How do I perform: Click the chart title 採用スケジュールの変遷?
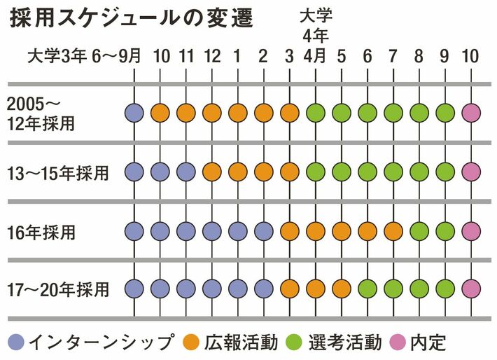(x=132, y=20)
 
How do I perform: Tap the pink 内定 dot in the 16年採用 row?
(x=471, y=230)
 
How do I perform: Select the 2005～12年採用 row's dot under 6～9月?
(x=134, y=112)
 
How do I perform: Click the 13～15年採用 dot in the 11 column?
(x=186, y=172)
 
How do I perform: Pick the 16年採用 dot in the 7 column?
(x=393, y=230)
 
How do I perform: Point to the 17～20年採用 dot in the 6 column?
(x=367, y=289)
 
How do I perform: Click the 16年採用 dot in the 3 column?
(x=290, y=230)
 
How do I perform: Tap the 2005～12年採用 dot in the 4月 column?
(x=316, y=112)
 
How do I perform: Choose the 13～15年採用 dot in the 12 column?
(x=212, y=172)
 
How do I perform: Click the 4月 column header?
(x=315, y=57)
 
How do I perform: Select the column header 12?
(x=212, y=57)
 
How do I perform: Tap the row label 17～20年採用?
(x=57, y=289)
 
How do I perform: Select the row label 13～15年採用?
(x=57, y=172)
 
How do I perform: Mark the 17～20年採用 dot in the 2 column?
(x=264, y=289)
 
